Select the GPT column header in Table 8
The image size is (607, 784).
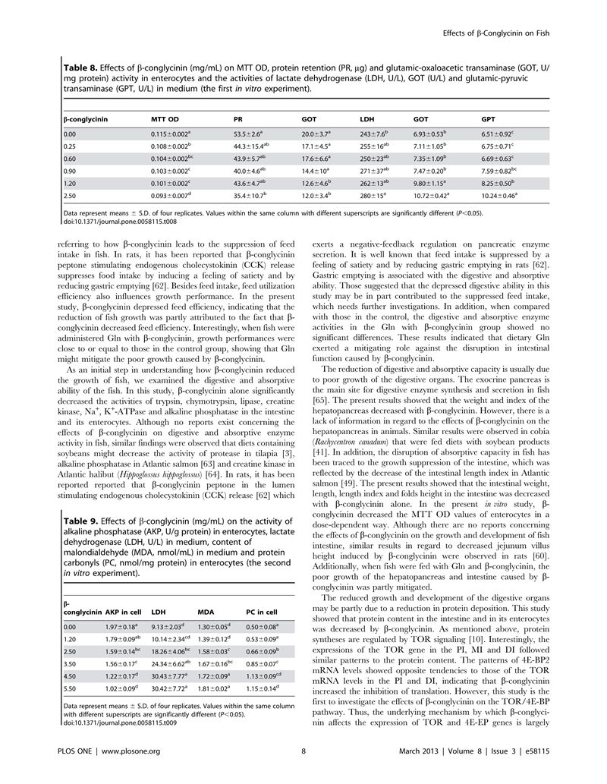(489, 119)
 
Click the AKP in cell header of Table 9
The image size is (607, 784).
(122, 612)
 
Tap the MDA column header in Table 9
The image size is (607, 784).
(205, 612)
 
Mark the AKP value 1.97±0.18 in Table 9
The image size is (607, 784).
(122, 626)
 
